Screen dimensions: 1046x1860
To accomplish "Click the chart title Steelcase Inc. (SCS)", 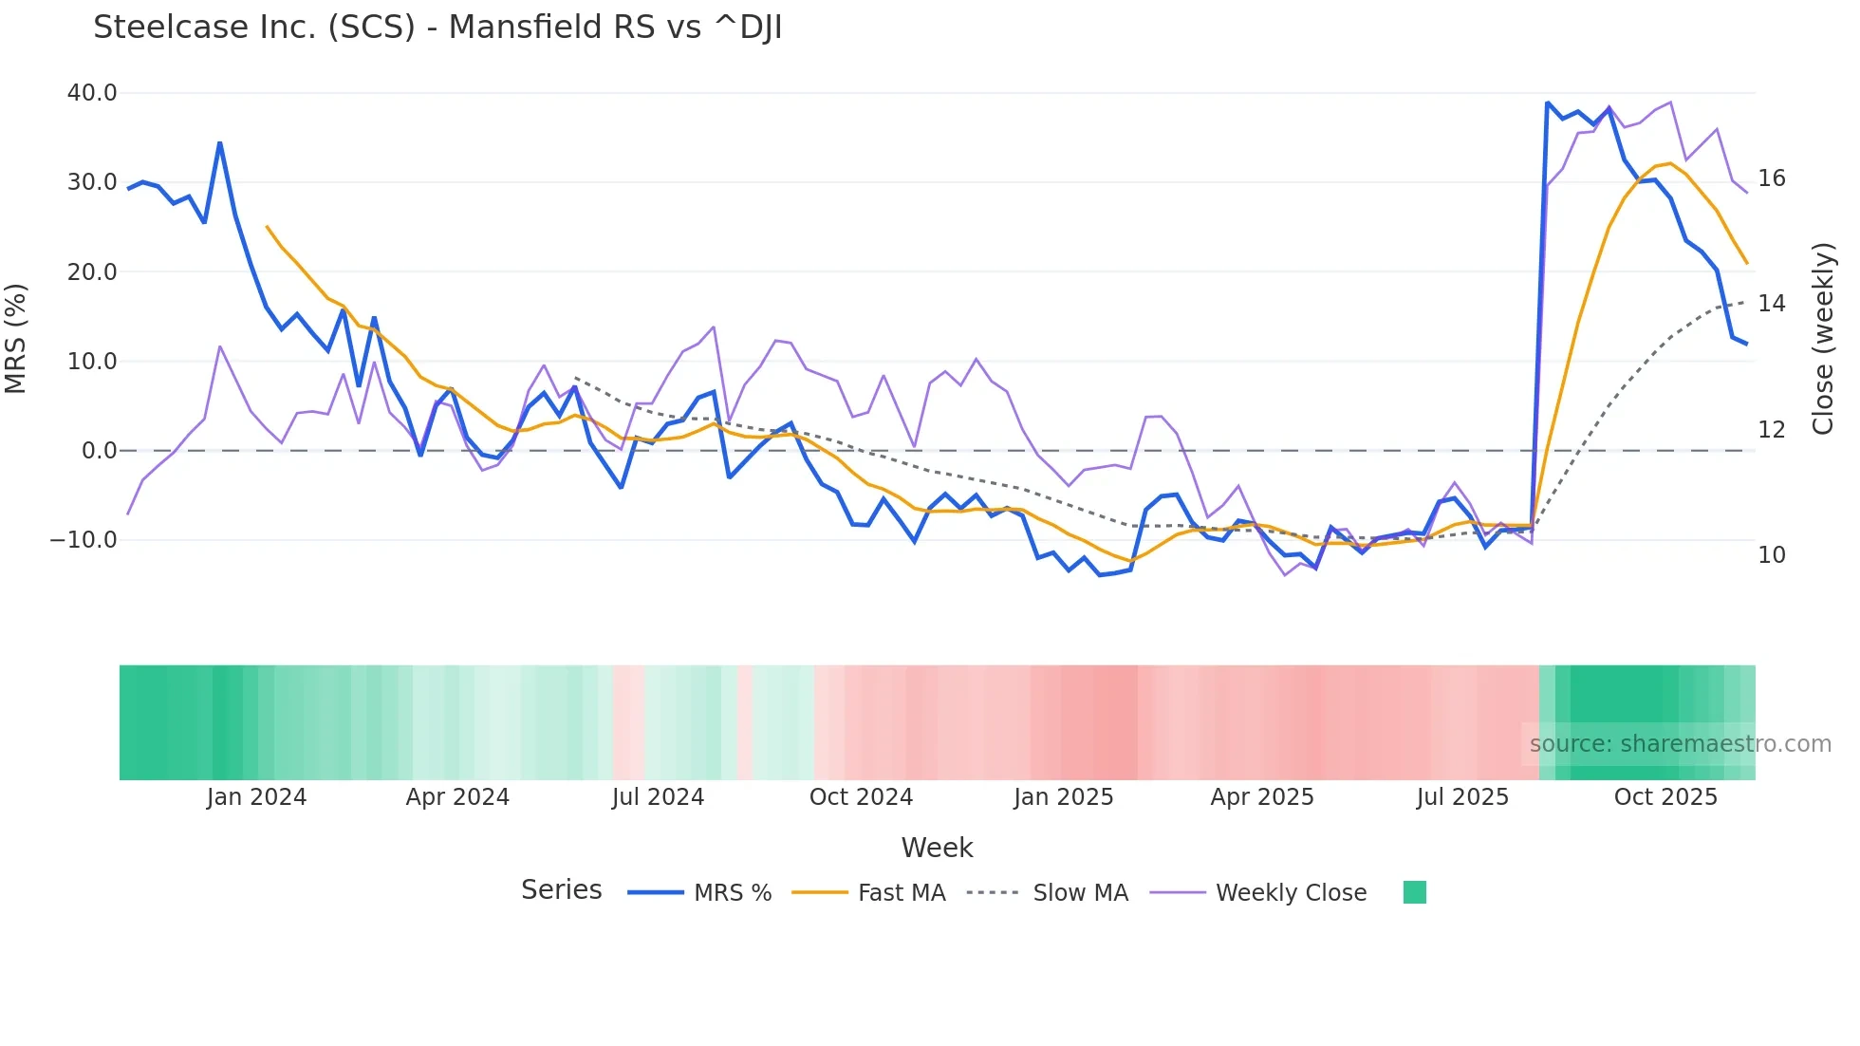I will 437,28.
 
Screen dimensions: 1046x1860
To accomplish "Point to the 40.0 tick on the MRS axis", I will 92,93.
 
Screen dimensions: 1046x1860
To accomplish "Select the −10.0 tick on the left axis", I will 84,540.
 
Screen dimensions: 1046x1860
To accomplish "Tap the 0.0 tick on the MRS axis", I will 100,451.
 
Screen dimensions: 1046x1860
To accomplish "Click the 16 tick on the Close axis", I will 1771,178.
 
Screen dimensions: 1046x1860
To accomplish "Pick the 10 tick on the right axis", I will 1771,555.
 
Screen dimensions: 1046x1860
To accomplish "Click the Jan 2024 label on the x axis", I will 256,797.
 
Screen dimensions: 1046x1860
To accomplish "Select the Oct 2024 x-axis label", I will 861,797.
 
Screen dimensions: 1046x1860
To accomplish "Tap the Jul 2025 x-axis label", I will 1462,797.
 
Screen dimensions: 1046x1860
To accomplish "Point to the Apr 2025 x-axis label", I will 1262,797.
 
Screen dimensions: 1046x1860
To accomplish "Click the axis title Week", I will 937,848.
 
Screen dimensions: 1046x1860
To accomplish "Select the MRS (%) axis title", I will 16,339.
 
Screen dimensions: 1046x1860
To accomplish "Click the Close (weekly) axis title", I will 1823,339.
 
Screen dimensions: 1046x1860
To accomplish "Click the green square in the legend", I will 1414,892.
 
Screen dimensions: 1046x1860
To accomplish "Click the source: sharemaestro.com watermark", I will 1680,744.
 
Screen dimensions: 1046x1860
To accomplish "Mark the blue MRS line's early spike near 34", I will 220,143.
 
